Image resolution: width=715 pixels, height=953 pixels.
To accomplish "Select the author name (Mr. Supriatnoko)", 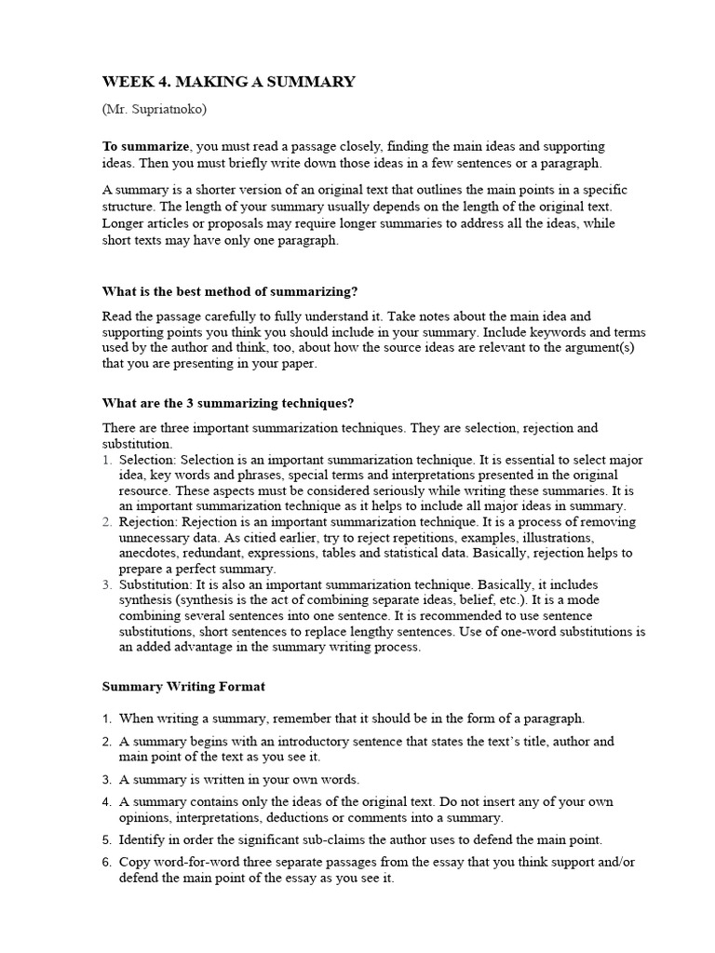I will point(155,109).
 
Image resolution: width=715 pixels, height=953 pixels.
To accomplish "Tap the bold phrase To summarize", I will point(146,147).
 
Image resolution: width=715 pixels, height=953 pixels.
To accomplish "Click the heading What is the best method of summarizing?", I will point(228,290).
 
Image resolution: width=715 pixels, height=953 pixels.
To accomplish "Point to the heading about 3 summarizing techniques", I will point(227,403).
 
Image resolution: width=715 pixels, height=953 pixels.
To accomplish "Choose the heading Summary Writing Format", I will point(183,687).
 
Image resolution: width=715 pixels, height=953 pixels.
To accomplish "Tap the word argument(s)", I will point(603,348).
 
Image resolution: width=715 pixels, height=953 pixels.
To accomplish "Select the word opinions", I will point(146,818).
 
